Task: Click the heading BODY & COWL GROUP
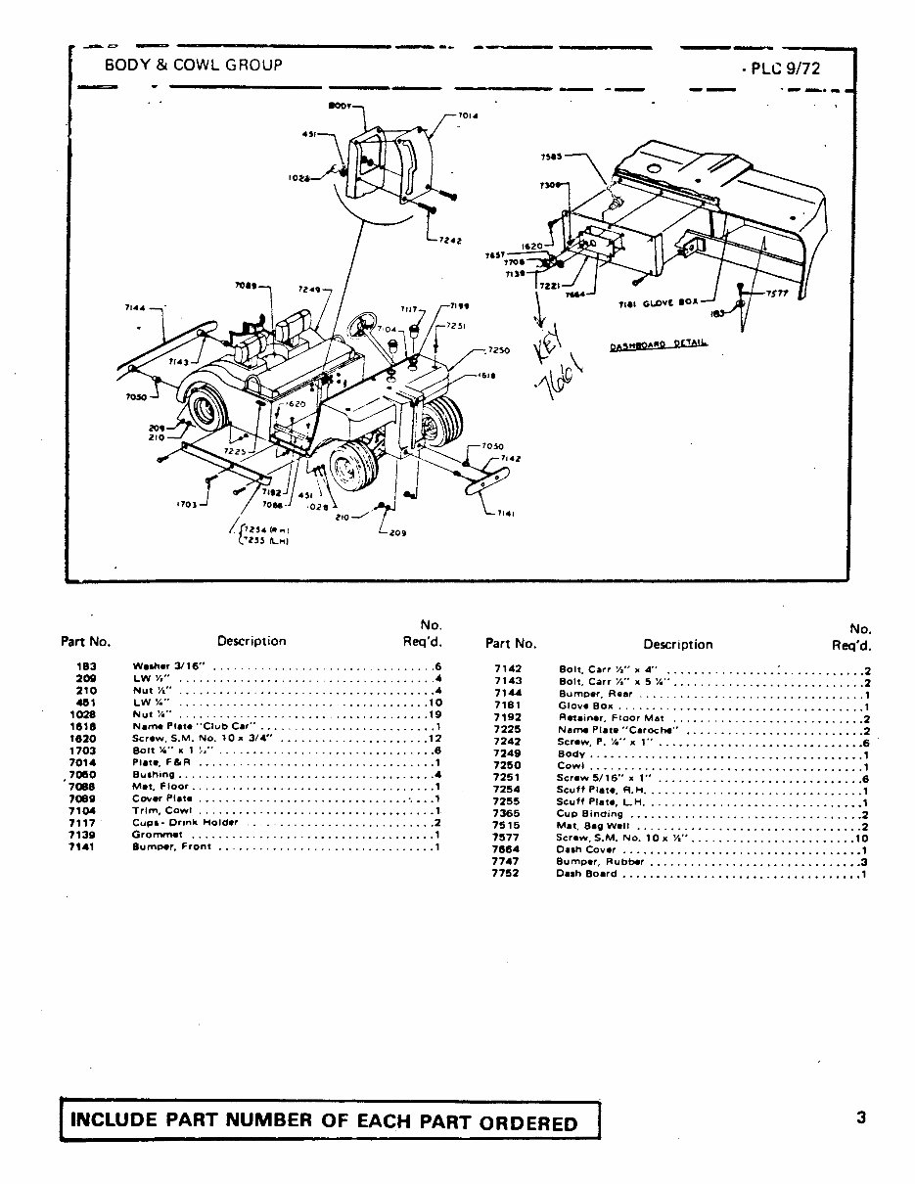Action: (193, 65)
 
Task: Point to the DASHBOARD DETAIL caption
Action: (658, 345)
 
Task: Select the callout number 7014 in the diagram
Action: (468, 115)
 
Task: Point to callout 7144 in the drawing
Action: (136, 307)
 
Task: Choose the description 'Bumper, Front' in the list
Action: (171, 846)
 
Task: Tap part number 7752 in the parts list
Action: (505, 874)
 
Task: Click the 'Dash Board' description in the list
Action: (586, 874)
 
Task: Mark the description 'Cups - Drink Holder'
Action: (185, 822)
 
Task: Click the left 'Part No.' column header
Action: (86, 643)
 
